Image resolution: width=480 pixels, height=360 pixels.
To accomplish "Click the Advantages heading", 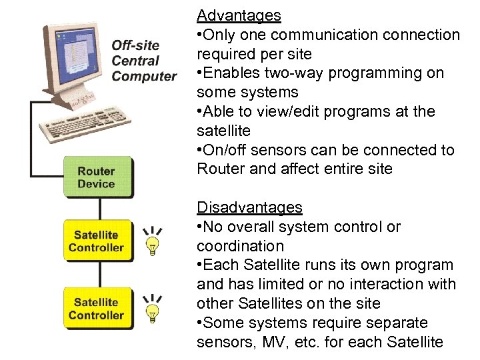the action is [239, 15].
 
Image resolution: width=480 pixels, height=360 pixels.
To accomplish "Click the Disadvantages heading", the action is [249, 207].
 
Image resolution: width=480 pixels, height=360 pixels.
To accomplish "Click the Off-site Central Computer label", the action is [143, 61].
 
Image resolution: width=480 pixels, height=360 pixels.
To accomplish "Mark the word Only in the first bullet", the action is [221, 34].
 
